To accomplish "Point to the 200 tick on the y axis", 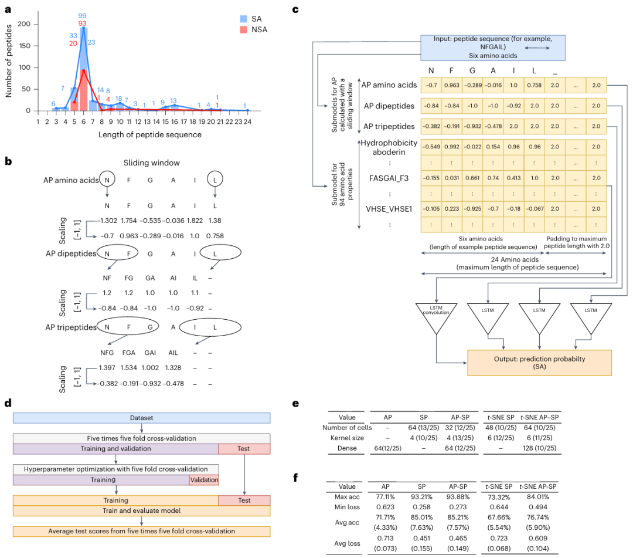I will [25, 23].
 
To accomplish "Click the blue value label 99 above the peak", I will [82, 15].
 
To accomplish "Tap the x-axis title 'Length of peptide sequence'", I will [143, 134].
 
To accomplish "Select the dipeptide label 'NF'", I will [107, 278].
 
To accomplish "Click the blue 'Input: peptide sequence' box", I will [492, 48].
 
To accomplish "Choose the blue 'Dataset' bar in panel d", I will [141, 418].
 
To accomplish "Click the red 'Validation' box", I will [203, 480].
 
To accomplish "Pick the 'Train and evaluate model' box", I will [141, 510].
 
